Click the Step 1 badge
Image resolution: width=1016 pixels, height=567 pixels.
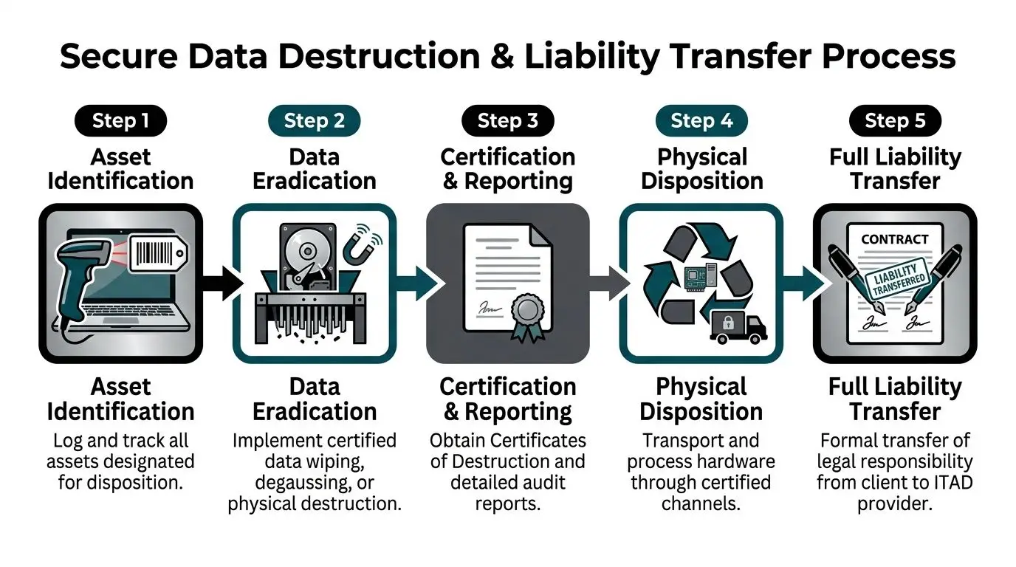(x=120, y=121)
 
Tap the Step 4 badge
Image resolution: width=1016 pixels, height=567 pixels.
(x=701, y=121)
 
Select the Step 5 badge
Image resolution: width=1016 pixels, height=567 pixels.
(x=895, y=121)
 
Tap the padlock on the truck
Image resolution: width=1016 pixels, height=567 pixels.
(x=727, y=323)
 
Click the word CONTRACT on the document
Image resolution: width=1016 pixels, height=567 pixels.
(x=894, y=239)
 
